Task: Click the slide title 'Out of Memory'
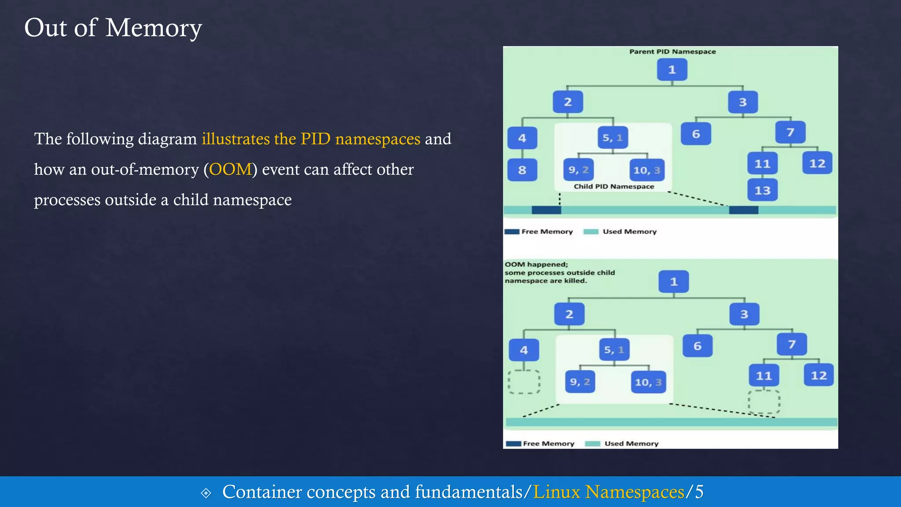(113, 28)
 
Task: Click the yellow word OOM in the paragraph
(230, 169)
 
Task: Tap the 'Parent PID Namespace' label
(672, 51)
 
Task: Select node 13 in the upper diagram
(762, 190)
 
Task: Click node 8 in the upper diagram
(522, 170)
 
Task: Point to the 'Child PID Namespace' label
(614, 187)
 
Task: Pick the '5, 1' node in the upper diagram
(613, 138)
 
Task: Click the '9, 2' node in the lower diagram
(580, 382)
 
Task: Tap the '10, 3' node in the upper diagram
(647, 170)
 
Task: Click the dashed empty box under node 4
(524, 382)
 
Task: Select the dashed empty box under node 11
(764, 401)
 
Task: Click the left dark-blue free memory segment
(546, 210)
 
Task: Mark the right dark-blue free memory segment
(744, 210)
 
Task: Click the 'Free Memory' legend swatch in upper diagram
(512, 231)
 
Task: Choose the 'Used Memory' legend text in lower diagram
(631, 444)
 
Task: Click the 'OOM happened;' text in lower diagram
(536, 265)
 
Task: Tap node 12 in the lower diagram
(819, 375)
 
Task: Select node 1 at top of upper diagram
(672, 70)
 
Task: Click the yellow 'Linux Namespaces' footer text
(608, 492)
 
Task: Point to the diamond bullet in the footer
(206, 493)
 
